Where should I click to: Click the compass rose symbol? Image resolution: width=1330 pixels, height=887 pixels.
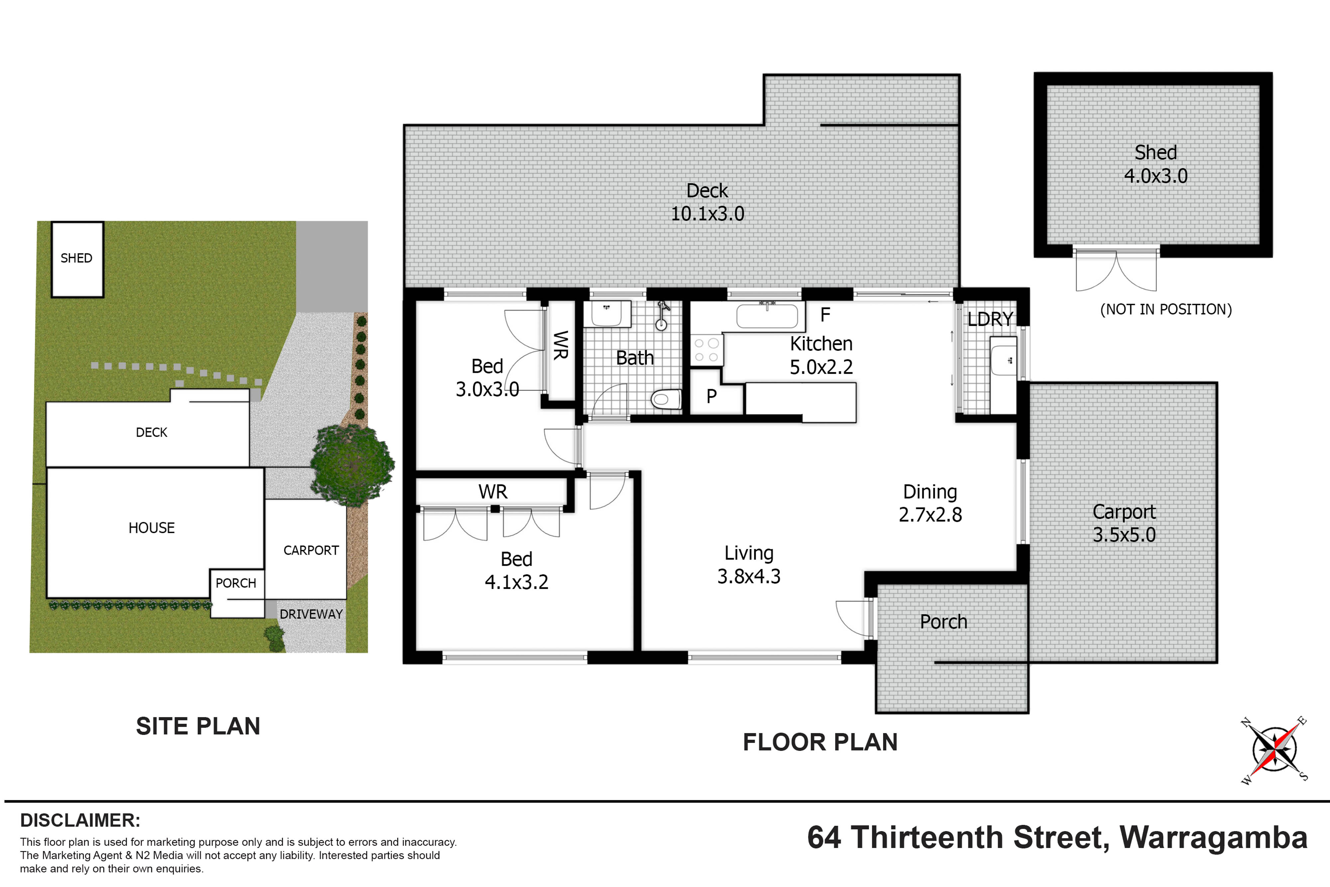pos(1274,750)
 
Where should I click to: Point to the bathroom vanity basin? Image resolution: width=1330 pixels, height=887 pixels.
pos(607,314)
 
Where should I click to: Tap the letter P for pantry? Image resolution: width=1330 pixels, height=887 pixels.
pos(711,396)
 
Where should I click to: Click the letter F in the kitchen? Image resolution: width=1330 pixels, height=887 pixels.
pos(825,315)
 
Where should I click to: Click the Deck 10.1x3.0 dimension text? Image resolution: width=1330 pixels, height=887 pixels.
pos(708,214)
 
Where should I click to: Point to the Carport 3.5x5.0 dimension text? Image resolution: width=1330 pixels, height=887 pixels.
pos(1124,534)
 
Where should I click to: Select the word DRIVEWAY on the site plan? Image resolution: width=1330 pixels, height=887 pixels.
pos(311,614)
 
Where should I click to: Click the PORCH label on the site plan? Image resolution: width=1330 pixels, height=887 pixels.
pos(236,583)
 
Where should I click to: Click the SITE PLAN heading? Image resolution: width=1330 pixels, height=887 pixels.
pos(198,726)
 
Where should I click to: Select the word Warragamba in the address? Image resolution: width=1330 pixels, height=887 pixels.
pos(1214,838)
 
